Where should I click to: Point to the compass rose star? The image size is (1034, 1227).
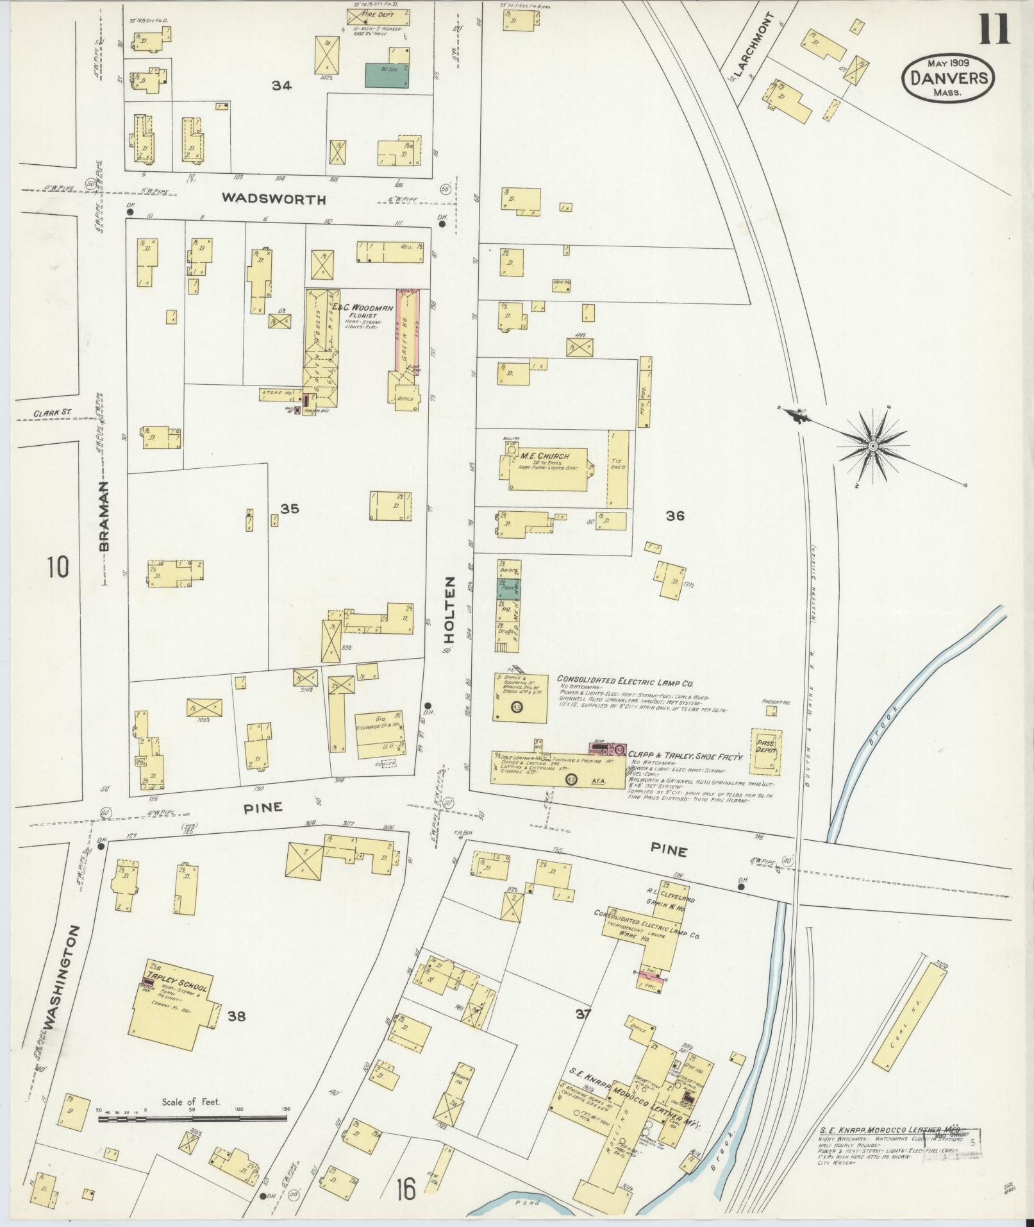coord(872,444)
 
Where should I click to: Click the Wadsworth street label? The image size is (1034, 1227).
coord(274,199)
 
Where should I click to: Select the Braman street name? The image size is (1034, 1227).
coord(104,516)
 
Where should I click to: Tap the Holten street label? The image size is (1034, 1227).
coord(449,609)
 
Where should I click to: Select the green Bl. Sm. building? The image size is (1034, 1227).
coord(387,74)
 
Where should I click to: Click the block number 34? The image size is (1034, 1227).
coord(281,85)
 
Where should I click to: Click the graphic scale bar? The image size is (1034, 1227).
coord(192,1119)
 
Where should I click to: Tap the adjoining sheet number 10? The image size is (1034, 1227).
coord(58,567)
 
